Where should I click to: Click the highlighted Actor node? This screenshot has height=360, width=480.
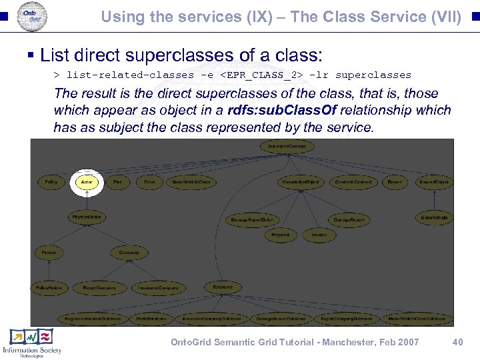pos(86,182)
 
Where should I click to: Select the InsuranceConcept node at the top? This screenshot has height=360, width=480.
pos(287,146)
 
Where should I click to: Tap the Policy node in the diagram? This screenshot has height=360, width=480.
pos(51,182)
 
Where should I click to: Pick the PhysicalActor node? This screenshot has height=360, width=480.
pos(87,217)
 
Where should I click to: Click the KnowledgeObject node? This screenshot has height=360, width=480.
pos(300,182)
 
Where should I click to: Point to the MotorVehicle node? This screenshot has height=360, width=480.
pos(434,217)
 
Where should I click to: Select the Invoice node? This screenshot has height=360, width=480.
pos(318,235)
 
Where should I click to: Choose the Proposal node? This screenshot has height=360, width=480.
pos(280,235)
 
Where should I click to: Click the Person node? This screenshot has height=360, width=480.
pos(49,253)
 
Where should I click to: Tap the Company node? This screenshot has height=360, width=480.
pos(129,253)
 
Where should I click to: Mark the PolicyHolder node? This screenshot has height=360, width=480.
pos(49,287)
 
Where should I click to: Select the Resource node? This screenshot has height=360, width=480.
pos(223,287)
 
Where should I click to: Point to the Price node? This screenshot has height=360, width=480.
pos(149,182)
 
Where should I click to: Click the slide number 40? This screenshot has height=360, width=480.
pos(457,342)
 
